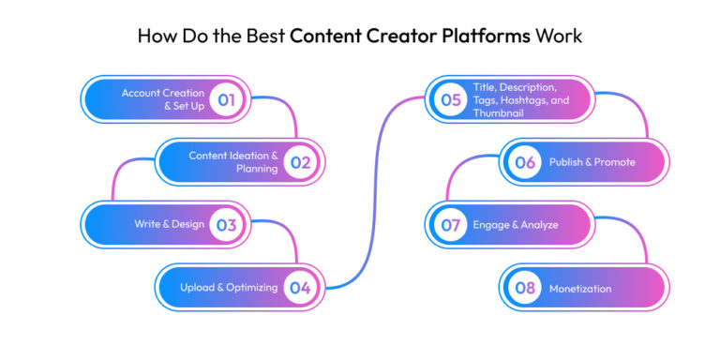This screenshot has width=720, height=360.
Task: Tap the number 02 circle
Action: (x=300, y=161)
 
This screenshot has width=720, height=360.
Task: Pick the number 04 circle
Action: (x=300, y=288)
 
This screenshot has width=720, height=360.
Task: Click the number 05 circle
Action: (x=451, y=98)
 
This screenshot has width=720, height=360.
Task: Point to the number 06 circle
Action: (x=525, y=161)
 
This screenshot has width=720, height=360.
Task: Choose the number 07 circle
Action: (x=451, y=224)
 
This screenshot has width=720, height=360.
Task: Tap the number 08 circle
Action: (x=525, y=288)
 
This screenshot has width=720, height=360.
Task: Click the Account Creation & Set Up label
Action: (x=162, y=98)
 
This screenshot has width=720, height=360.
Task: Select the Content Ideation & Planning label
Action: (x=233, y=161)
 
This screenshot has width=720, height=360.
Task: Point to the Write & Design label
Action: (x=170, y=224)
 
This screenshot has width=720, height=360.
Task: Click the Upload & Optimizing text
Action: (x=228, y=288)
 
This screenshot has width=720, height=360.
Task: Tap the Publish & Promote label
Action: (x=592, y=161)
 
